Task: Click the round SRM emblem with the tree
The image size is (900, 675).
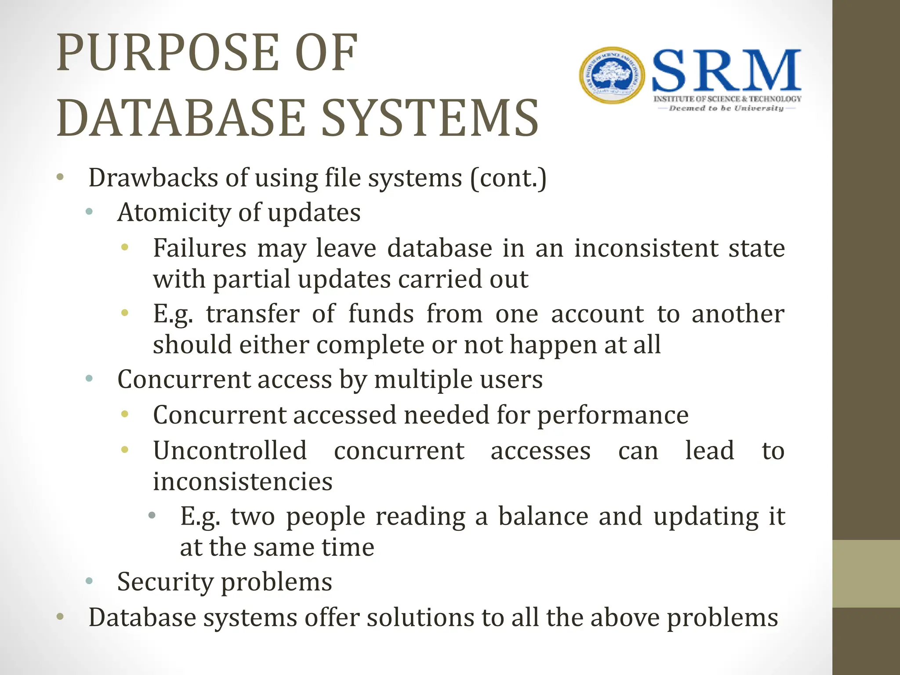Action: click(x=612, y=75)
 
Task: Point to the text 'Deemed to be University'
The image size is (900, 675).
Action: click(x=726, y=108)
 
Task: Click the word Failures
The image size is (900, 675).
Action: click(x=200, y=248)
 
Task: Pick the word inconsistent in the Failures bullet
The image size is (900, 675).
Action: click(x=646, y=248)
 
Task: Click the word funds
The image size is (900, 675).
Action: click(x=381, y=314)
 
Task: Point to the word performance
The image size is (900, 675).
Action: click(x=613, y=415)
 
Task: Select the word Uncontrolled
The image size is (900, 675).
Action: click(x=230, y=450)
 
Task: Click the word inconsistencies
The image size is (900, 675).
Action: click(x=243, y=481)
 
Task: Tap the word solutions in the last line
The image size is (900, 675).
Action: click(x=420, y=617)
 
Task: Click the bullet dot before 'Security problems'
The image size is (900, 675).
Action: click(x=90, y=581)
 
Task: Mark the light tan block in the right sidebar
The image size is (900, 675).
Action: click(x=866, y=573)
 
